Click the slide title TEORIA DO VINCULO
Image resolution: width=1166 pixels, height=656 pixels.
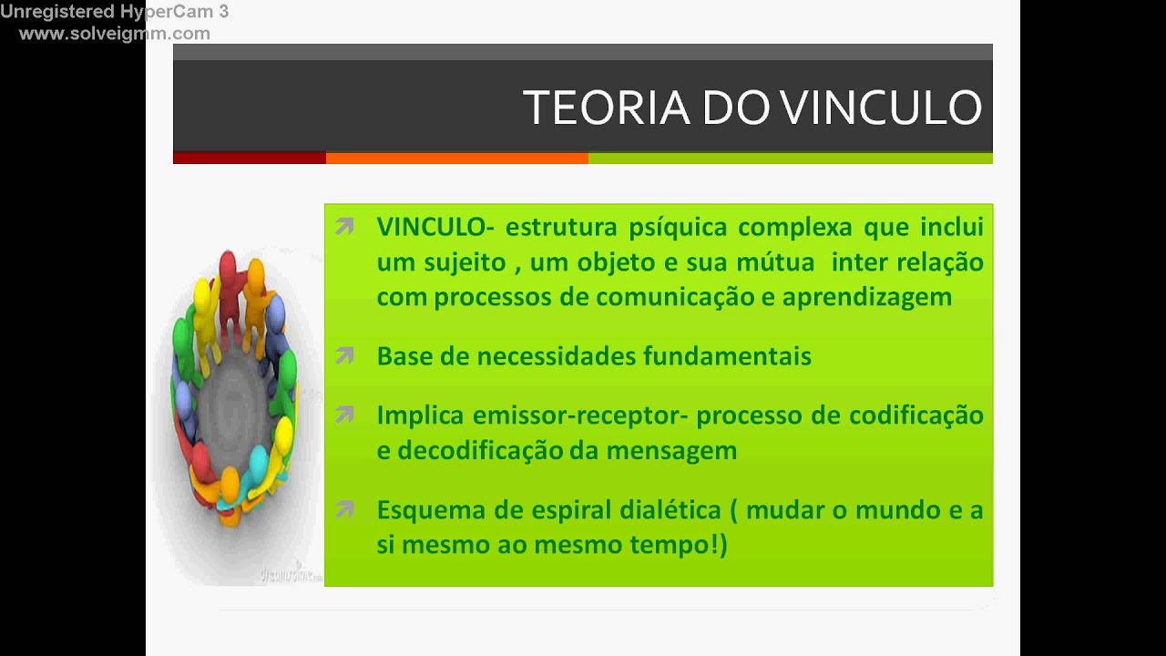click(752, 108)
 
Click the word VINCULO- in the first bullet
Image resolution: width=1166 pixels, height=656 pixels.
click(435, 227)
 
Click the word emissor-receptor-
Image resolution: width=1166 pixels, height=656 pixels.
click(584, 415)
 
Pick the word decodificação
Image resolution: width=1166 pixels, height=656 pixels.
click(486, 450)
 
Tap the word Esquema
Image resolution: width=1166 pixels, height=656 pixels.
click(431, 510)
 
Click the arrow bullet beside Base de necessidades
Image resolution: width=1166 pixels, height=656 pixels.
click(344, 355)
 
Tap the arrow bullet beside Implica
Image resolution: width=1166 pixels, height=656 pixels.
click(344, 415)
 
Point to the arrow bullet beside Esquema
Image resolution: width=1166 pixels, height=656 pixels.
click(344, 510)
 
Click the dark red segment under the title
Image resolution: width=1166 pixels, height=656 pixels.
click(249, 158)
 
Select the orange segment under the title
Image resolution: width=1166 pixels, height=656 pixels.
click(456, 158)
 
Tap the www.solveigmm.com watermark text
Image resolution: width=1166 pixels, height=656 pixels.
click(115, 34)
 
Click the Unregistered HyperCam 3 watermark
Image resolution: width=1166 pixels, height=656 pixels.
click(115, 12)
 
